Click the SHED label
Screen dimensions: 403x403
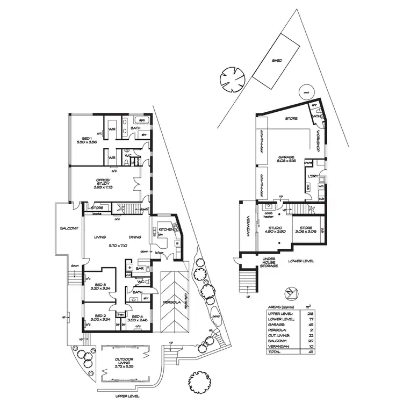[x=277, y=61]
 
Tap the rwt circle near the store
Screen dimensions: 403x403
[x=307, y=92]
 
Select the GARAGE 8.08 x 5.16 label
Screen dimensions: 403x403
[x=286, y=160]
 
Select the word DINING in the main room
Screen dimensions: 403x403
[x=135, y=237]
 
